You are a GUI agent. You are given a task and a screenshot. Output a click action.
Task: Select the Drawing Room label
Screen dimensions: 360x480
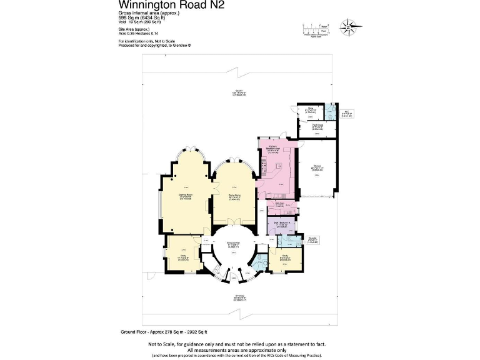click(185, 196)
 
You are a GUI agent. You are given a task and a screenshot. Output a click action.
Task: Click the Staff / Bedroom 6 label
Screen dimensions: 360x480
click(280, 223)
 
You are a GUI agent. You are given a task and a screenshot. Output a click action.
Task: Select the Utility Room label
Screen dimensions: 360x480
click(279, 205)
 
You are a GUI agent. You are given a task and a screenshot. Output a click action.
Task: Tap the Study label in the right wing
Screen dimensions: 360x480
click(284, 257)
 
